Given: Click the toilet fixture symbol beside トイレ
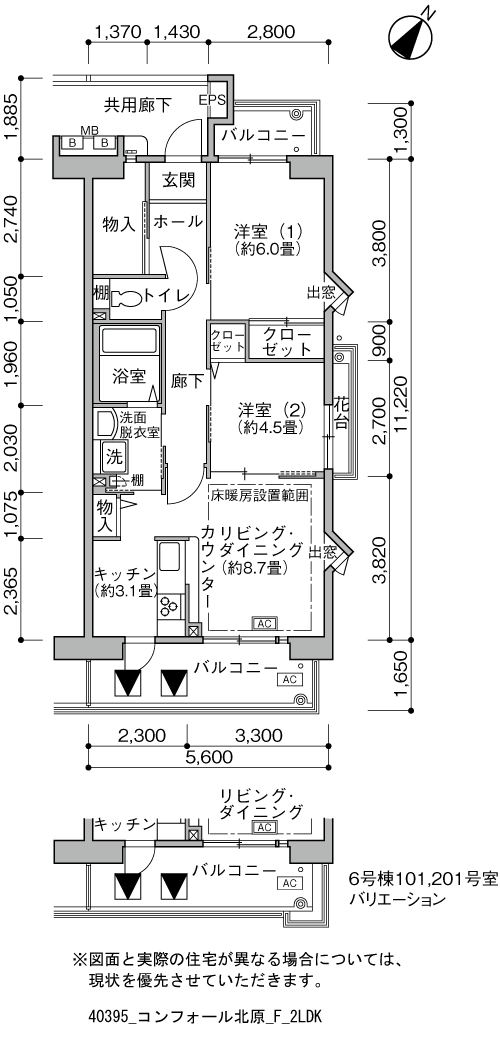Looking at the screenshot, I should (127, 297).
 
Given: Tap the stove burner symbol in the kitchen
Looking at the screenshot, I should (168, 607).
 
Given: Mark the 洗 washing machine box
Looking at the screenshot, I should (113, 456).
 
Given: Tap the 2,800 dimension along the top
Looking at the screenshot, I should (270, 31).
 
